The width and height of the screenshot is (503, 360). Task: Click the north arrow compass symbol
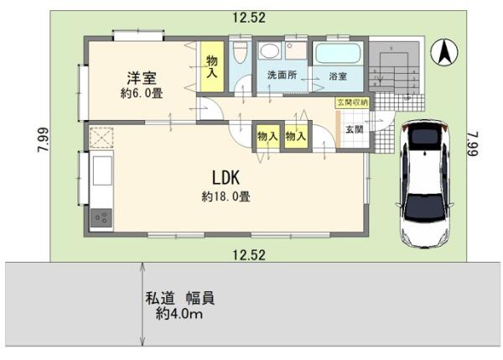click(x=444, y=53)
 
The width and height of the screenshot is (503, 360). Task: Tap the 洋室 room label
click(x=142, y=78)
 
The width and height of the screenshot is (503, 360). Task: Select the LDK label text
click(x=226, y=178)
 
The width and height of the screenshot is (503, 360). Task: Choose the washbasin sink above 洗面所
click(x=269, y=50)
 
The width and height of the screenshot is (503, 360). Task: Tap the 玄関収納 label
click(x=352, y=102)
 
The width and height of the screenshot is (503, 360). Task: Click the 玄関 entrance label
click(x=354, y=130)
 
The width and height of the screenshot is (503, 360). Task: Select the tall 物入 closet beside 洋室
click(x=212, y=66)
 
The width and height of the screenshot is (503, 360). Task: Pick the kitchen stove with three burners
click(x=101, y=218)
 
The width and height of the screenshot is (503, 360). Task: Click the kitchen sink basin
click(x=102, y=171)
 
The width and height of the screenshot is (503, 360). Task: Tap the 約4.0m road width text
click(x=179, y=314)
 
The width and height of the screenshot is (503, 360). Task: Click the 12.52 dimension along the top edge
click(x=249, y=18)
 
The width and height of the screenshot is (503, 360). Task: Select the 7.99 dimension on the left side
click(x=43, y=139)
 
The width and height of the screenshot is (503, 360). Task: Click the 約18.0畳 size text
click(x=226, y=196)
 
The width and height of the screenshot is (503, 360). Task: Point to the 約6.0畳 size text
click(x=142, y=93)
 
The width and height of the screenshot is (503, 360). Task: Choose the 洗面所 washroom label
click(x=282, y=76)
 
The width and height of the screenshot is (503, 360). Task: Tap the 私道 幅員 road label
click(x=180, y=299)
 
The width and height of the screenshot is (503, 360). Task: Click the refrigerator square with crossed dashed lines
click(x=101, y=138)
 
